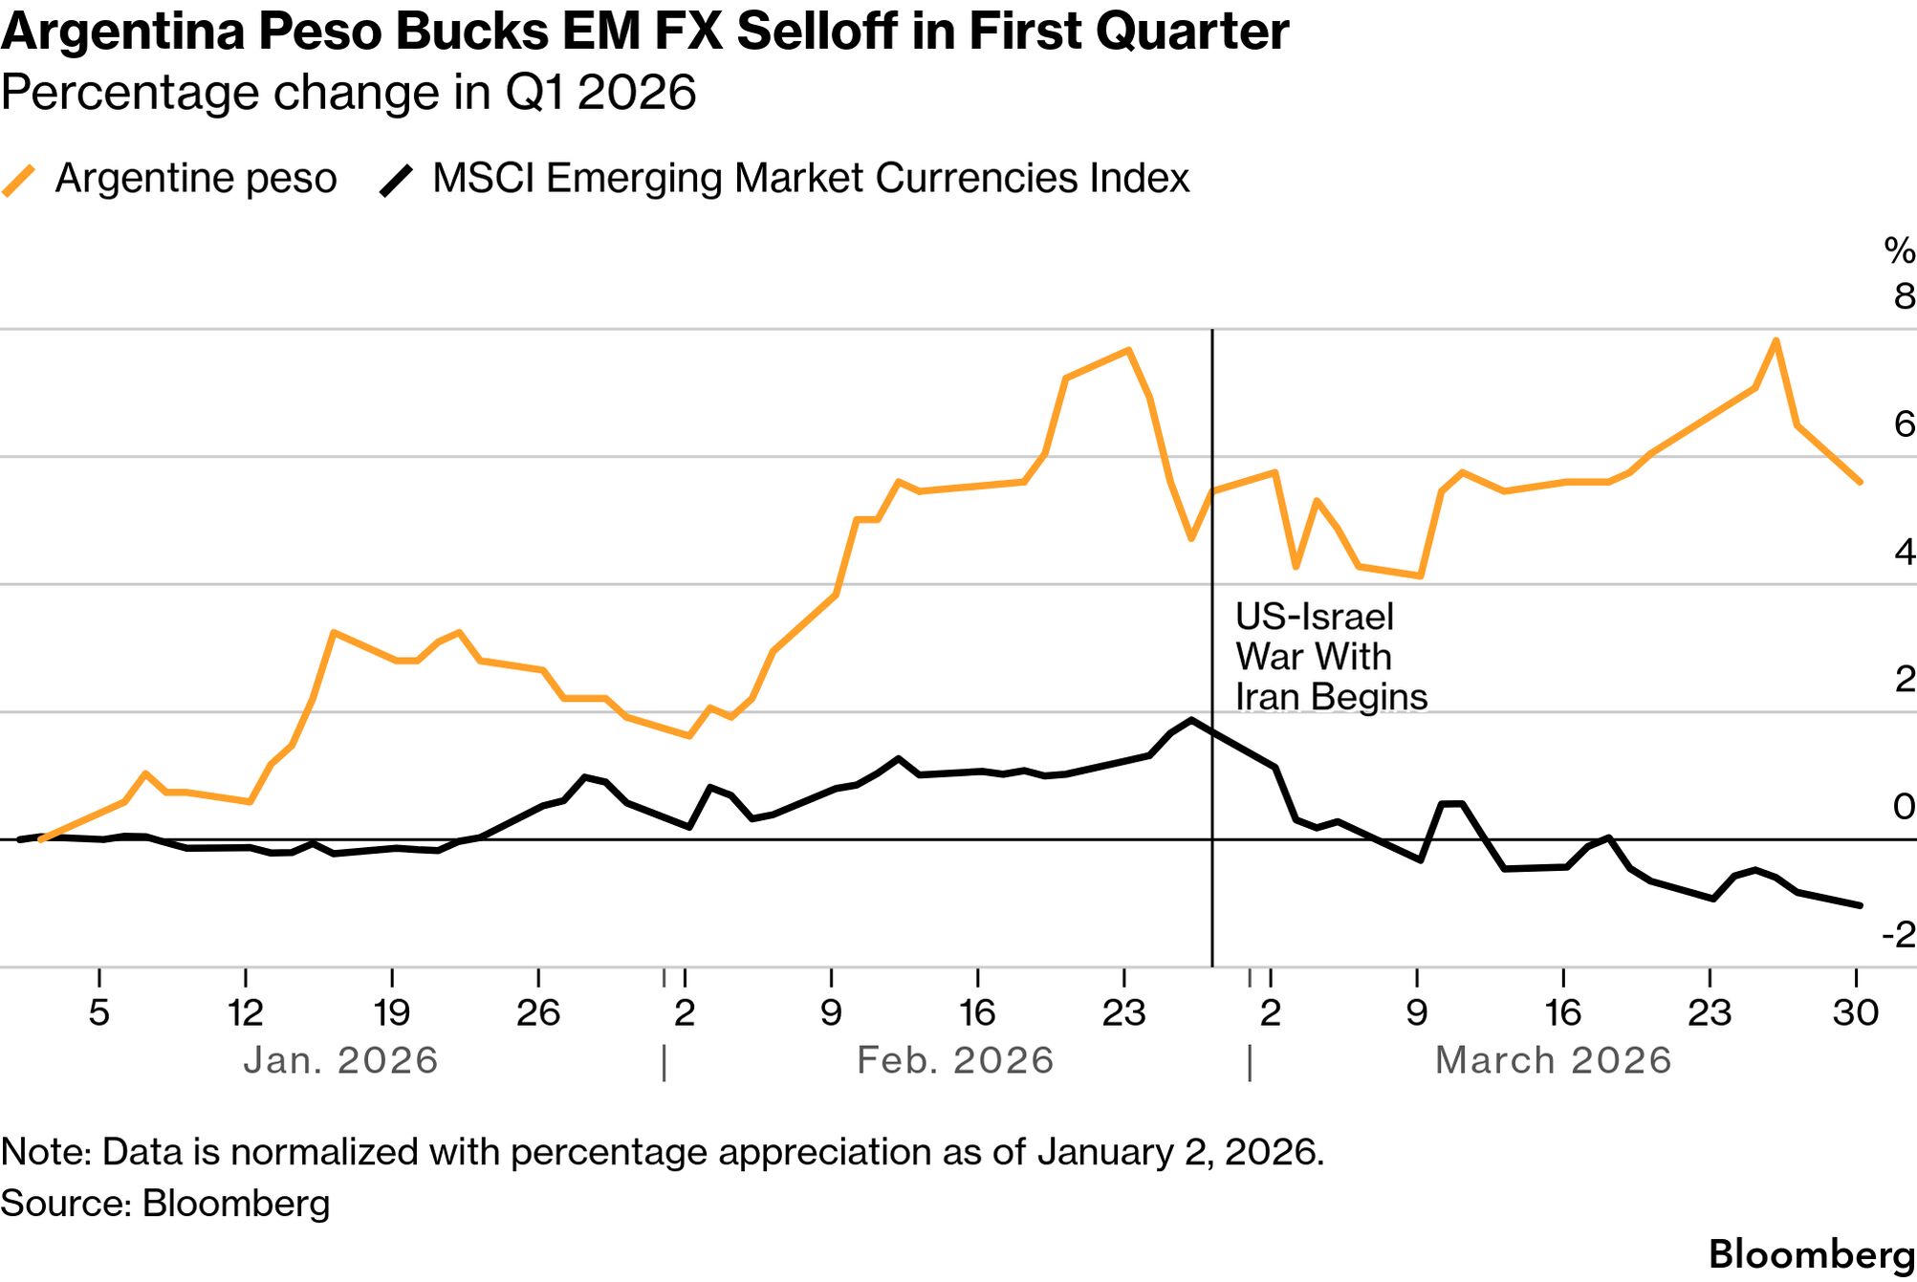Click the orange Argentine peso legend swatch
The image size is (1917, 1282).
click(x=19, y=180)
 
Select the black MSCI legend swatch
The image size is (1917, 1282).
click(x=397, y=180)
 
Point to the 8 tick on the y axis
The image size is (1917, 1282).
click(x=1904, y=296)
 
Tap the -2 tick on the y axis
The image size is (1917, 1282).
click(x=1898, y=934)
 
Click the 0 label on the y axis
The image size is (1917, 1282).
click(x=1904, y=807)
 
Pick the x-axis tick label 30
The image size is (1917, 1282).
click(x=1856, y=1012)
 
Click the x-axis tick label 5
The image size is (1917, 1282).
click(x=99, y=1012)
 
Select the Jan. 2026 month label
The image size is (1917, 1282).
click(x=340, y=1060)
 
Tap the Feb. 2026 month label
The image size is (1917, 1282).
click(x=955, y=1060)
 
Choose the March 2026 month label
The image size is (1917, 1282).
click(x=1553, y=1060)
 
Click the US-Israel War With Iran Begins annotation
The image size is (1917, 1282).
click(x=1330, y=657)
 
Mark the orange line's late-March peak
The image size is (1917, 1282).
click(x=1775, y=340)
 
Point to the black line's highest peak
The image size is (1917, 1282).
click(x=1191, y=720)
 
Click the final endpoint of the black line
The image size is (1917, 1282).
click(x=1860, y=904)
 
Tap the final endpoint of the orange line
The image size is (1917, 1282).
click(x=1860, y=482)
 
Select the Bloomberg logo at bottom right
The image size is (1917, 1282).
click(x=1811, y=1254)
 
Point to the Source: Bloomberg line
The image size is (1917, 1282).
click(x=164, y=1203)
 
